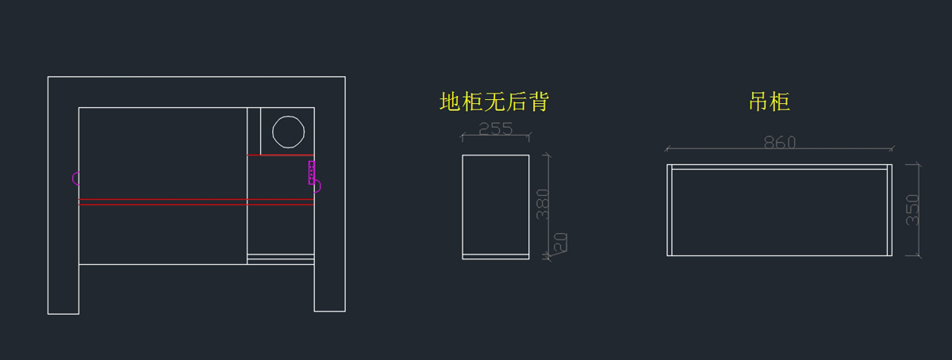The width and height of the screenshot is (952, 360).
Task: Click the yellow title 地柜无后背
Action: [x=494, y=101]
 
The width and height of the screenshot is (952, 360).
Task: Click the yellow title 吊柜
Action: [x=769, y=101]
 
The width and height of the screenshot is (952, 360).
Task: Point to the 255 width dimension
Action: [x=496, y=128]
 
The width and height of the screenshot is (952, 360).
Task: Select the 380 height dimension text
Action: [x=543, y=205]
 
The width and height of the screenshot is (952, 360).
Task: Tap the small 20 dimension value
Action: [x=561, y=243]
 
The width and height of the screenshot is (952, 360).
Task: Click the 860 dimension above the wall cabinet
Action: [x=779, y=142]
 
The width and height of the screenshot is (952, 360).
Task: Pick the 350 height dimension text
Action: [x=912, y=209]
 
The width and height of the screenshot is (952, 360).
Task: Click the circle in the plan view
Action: [x=287, y=131]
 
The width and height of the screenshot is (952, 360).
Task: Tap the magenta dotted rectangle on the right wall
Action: [x=312, y=172]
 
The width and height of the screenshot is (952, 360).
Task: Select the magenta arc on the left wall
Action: [x=75, y=178]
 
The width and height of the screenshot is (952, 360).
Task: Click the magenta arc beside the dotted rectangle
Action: [x=317, y=186]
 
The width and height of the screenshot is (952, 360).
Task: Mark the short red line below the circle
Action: [x=281, y=155]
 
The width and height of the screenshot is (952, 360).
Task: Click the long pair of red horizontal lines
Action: [x=163, y=202]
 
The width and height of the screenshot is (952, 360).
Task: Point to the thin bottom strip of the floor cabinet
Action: [x=496, y=256]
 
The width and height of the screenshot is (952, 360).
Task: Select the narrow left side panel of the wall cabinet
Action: [x=670, y=210]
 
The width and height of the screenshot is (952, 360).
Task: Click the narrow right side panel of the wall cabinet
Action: [x=889, y=210]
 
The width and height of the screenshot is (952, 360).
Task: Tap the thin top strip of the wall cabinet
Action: [x=779, y=167]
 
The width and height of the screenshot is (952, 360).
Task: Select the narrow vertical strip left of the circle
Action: [x=254, y=131]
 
